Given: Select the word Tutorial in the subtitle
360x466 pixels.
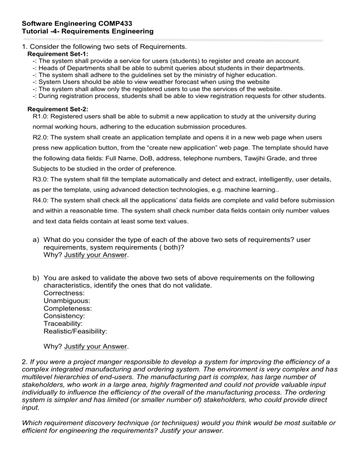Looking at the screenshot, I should tap(37, 31).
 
